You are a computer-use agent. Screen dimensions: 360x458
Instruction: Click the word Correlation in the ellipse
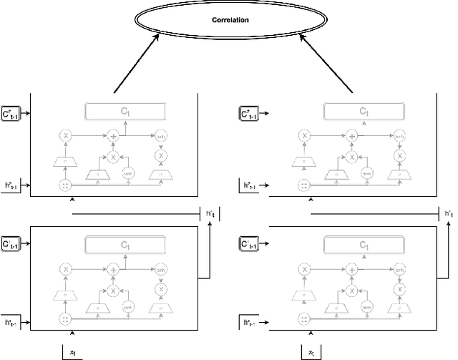tap(230, 20)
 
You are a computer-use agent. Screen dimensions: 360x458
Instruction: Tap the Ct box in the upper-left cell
tap(125, 112)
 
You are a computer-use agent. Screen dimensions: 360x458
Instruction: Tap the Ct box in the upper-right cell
tap(364, 112)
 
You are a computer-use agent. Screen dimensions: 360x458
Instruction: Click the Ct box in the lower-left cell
tap(125, 245)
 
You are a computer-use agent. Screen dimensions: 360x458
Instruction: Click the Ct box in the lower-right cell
tap(364, 245)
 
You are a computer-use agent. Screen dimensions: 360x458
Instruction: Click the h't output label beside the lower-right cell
tap(448, 213)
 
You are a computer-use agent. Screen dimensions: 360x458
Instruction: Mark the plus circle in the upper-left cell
tap(112, 135)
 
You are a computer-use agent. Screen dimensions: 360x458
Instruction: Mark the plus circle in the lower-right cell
tap(351, 269)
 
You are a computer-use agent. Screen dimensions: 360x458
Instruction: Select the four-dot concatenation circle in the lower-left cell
tap(66, 318)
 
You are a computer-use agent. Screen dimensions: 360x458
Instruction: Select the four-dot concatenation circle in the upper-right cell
tap(305, 185)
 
